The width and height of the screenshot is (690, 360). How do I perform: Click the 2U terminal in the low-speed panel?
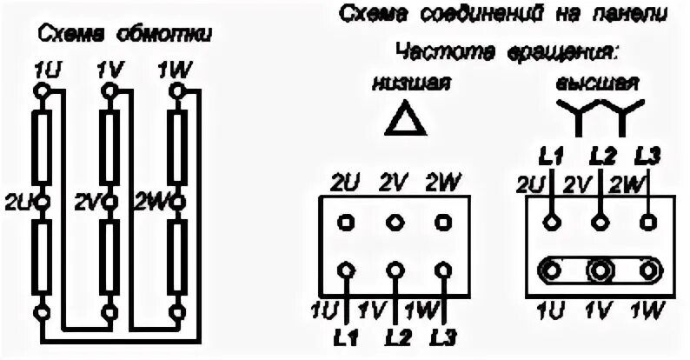(347, 221)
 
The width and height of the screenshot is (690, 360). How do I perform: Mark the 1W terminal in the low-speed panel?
(445, 270)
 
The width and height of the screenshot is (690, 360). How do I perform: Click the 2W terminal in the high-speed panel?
(648, 220)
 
